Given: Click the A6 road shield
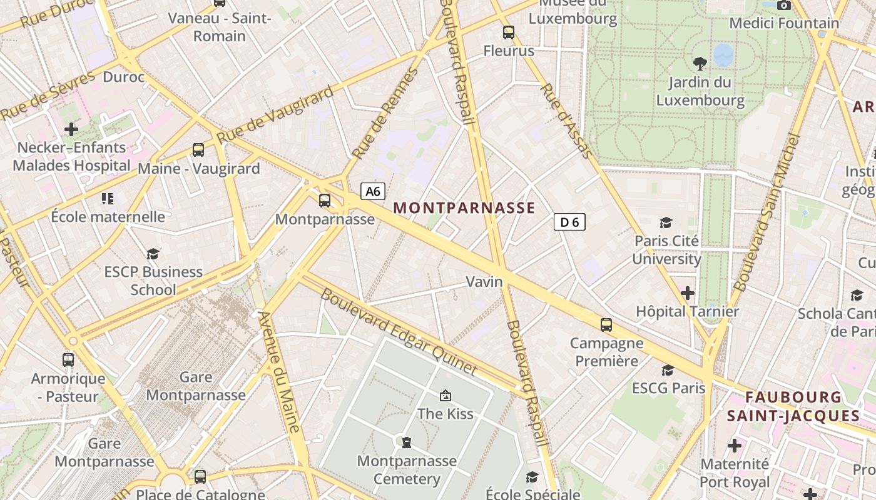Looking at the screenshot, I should tap(372, 191).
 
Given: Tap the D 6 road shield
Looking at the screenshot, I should tap(569, 222).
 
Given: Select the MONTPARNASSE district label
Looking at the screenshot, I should tap(464, 208).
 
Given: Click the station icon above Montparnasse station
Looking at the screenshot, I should tap(325, 201).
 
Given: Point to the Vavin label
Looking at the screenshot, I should tap(484, 282).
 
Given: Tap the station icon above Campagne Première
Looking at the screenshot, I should tap(606, 325).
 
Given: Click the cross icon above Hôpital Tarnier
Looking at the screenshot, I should tap(688, 292).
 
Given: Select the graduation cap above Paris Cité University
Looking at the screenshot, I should tap(666, 222).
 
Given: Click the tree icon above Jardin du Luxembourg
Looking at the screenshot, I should tap(700, 62).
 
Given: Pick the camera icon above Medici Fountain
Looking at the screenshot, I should tap(783, 5).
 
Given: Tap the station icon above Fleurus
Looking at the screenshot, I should tap(509, 32).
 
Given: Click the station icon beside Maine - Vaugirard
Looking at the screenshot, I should tap(198, 150).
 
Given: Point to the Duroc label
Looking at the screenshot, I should tap(123, 77).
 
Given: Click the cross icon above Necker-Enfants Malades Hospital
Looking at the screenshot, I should tap(71, 129).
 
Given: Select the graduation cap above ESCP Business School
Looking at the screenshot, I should tap(153, 254).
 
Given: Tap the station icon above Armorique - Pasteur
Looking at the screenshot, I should tap(68, 360).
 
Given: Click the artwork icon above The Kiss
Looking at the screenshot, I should tap(446, 395).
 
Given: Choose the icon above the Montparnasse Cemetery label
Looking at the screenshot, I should tap(407, 442).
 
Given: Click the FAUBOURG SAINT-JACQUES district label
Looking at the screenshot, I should tap(793, 406).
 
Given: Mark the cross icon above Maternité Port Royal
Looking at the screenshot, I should tap(735, 446).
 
